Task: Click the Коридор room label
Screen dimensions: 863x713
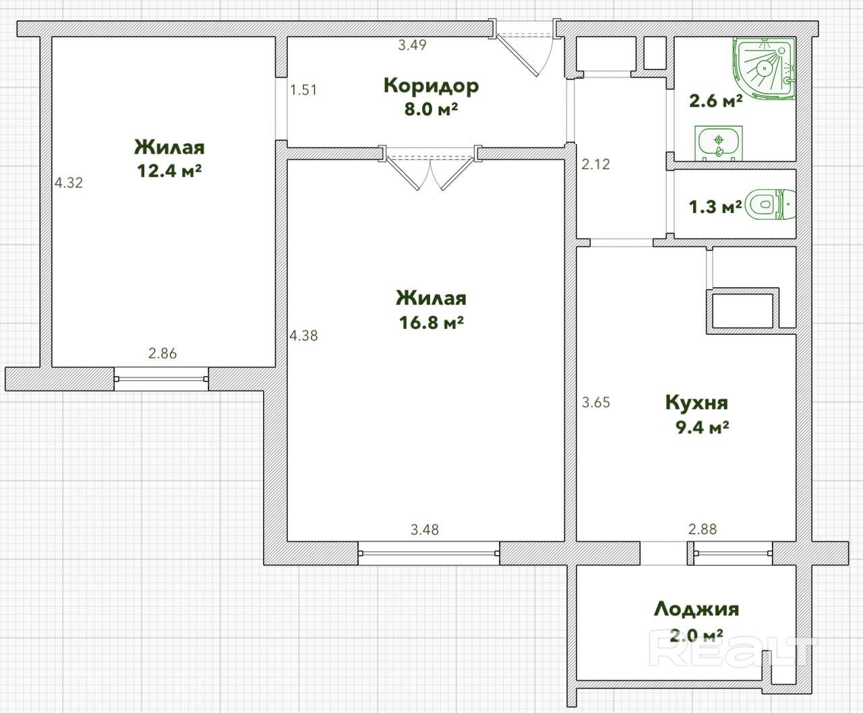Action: point(431,86)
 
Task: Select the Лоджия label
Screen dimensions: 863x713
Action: point(696,609)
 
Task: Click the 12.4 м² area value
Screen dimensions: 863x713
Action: point(169,170)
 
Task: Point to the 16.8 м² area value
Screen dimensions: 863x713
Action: point(431,322)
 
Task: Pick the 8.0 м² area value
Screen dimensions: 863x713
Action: point(431,109)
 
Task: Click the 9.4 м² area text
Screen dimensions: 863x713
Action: point(703,427)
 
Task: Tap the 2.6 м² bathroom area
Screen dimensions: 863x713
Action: point(716,100)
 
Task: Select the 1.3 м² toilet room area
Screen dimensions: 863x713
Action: point(715,206)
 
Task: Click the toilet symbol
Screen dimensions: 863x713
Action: point(771,204)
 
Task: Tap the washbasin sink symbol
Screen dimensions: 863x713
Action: point(719,143)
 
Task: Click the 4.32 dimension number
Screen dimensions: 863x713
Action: point(69,183)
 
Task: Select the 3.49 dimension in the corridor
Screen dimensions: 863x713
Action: point(412,44)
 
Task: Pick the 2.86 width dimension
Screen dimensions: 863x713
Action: point(162,353)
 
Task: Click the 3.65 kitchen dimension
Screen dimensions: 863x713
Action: point(596,402)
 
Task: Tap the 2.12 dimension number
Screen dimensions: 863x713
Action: point(595,164)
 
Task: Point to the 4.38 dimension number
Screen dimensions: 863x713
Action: point(304,336)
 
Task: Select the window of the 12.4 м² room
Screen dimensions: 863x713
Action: point(161,379)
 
